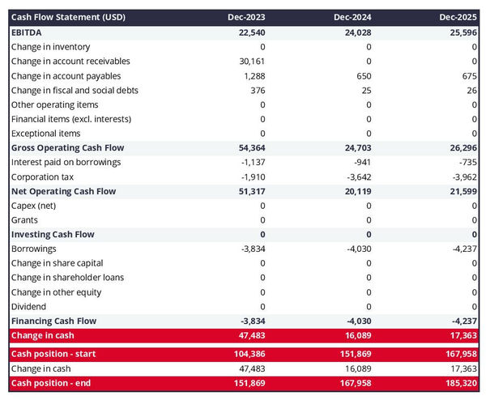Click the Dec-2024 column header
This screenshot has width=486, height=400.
[x=352, y=17]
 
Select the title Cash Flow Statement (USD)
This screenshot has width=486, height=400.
[x=68, y=17]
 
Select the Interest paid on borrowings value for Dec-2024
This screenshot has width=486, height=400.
[x=361, y=162]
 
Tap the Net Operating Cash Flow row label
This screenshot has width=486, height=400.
[x=63, y=191]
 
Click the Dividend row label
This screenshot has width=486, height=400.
[x=29, y=307]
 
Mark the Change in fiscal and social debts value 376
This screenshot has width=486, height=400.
[x=257, y=90]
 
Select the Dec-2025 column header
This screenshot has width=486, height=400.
[x=458, y=17]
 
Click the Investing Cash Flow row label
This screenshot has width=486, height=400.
[x=53, y=235]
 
